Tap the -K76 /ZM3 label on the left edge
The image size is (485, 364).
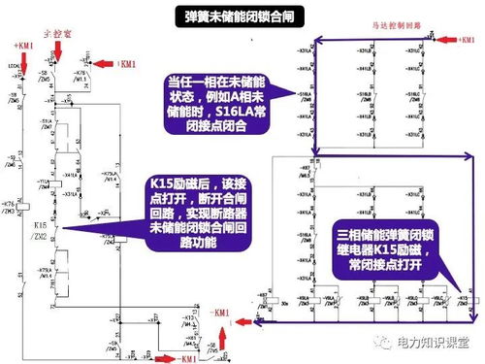11,207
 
